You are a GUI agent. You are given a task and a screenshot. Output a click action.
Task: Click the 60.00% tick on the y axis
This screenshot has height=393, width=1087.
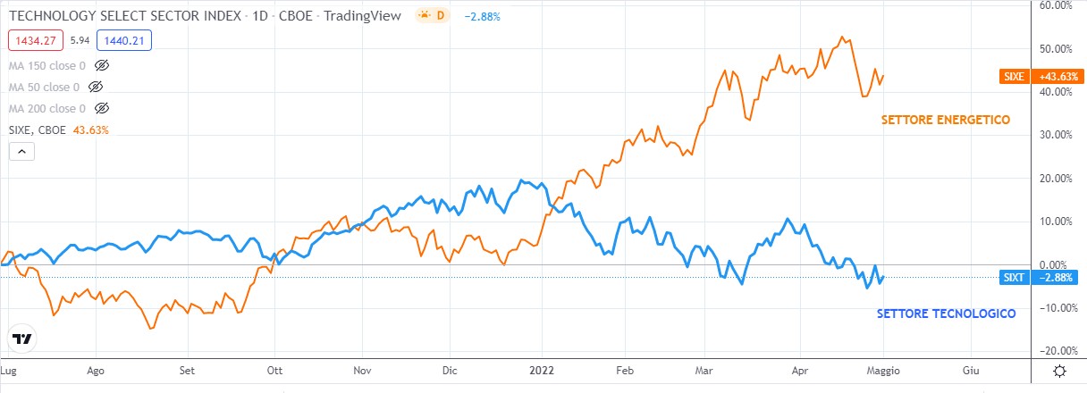[x=1057, y=5]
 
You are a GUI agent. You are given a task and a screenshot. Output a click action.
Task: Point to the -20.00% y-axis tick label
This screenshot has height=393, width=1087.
[x=1055, y=350]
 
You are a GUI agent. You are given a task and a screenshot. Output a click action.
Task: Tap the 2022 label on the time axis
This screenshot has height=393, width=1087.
[x=542, y=369]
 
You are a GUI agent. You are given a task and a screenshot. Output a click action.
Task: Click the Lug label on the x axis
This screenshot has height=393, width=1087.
[x=9, y=369]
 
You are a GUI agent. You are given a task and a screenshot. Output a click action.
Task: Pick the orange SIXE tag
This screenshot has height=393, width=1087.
[x=1014, y=77]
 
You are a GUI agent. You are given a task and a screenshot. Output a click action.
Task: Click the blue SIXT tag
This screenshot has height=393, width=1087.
[x=1014, y=278]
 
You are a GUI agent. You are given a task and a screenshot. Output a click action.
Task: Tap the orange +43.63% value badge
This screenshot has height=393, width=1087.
[x=1057, y=77]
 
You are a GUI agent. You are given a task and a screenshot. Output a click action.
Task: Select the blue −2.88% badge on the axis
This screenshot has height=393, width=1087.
[x=1057, y=278]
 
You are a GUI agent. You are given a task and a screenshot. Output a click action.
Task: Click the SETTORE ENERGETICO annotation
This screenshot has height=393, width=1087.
[x=945, y=120]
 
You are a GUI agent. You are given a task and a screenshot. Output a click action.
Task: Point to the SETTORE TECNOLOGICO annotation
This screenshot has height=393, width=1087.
[x=946, y=314]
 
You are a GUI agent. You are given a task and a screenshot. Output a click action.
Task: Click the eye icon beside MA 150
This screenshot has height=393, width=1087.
[x=101, y=66]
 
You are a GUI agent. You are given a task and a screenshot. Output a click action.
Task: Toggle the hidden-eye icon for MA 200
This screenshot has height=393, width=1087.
[x=101, y=109]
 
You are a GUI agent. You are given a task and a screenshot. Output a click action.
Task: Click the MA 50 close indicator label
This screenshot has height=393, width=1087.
[x=44, y=88]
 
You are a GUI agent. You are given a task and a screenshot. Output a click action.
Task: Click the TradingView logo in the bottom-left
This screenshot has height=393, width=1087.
[x=23, y=339]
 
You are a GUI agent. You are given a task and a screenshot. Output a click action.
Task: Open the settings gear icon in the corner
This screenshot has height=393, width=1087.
[x=1059, y=371]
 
